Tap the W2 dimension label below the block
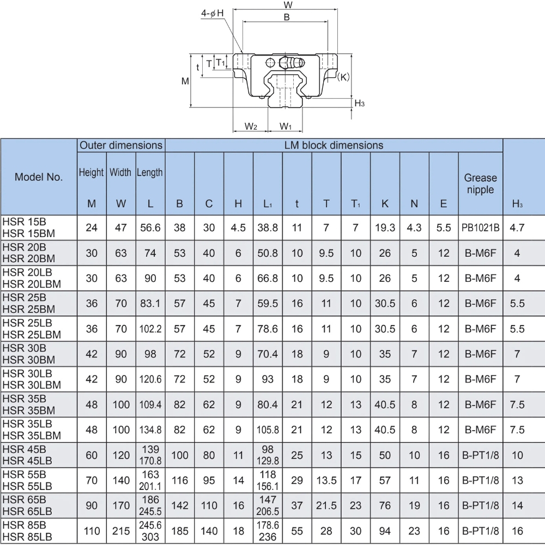click(x=250, y=126)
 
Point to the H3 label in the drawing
click(x=359, y=104)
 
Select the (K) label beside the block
click(x=343, y=77)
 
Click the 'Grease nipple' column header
click(x=480, y=184)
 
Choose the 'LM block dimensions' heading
click(x=334, y=146)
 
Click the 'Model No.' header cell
click(x=39, y=177)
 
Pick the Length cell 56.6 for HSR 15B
click(x=150, y=228)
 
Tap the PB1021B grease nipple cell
click(x=480, y=228)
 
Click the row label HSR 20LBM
click(x=32, y=283)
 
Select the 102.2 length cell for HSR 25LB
click(x=150, y=329)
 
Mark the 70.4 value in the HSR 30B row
click(x=268, y=354)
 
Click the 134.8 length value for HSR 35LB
click(x=150, y=429)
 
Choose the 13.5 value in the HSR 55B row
click(x=326, y=480)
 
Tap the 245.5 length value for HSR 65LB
click(x=150, y=511)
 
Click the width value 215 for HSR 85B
click(x=121, y=530)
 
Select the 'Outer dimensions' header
click(x=121, y=146)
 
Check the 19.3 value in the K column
click(x=385, y=228)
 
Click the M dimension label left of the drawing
click(x=185, y=81)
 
